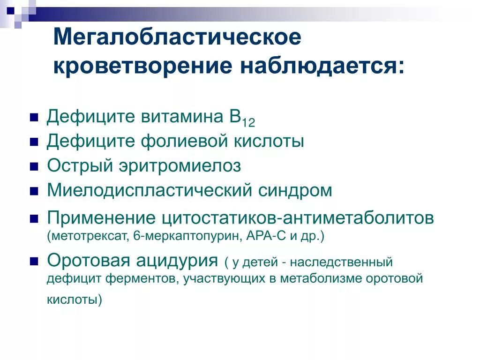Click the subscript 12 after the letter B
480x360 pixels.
248,123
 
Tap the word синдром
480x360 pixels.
297,190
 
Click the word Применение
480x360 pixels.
101,218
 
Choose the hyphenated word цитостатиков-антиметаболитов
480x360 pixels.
298,218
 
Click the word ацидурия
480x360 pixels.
178,260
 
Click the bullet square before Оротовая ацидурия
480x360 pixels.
34,261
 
